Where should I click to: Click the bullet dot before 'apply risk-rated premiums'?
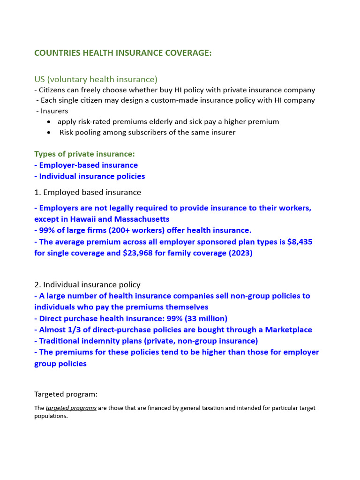coord(50,122)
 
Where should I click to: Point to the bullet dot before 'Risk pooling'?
coord(50,133)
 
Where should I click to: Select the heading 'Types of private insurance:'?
coord(84,154)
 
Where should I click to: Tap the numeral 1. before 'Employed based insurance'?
coord(37,192)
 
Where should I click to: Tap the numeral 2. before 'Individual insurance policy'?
coord(37,285)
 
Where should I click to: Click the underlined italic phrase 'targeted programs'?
coord(71,408)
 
